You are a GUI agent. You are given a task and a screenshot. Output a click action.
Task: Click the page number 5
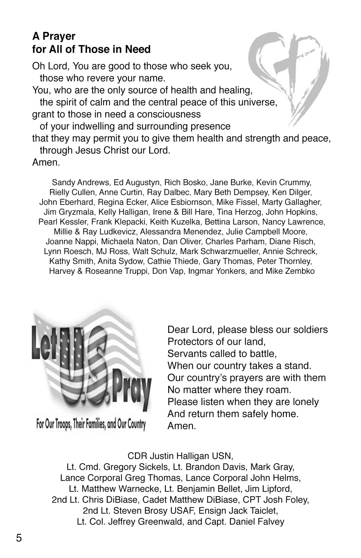coord(19,537)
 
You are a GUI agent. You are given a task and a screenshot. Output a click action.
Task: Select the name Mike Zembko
coord(290,271)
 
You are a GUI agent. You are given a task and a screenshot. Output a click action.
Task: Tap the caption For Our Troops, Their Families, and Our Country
coord(91,424)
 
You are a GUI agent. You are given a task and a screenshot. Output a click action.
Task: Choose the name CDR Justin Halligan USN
coord(180,455)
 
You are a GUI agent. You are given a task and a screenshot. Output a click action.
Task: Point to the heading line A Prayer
coord(54,36)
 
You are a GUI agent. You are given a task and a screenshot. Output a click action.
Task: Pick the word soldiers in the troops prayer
coord(310,330)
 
